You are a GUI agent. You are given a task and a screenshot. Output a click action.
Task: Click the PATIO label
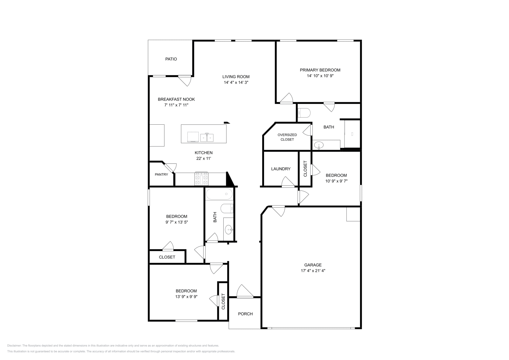(171, 59)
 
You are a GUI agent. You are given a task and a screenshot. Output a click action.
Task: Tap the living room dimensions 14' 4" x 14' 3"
(236, 82)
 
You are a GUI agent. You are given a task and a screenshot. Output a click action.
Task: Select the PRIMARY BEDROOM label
(320, 70)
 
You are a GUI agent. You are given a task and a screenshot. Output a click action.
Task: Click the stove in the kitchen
(201, 179)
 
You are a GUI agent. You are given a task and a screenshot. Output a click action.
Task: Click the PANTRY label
(161, 175)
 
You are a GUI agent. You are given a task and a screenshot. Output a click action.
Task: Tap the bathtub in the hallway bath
(219, 193)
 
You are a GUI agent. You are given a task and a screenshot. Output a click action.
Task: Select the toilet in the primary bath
(304, 113)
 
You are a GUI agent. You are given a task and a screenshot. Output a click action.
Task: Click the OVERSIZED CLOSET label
(287, 137)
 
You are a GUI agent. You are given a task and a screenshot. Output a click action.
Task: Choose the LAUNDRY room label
(281, 169)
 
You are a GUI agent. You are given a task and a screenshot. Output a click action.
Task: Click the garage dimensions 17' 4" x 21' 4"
(313, 271)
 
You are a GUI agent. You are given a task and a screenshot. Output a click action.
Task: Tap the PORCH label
(245, 314)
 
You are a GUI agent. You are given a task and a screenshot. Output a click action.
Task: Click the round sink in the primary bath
(318, 146)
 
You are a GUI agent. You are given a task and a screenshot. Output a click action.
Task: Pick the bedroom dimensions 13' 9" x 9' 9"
(186, 297)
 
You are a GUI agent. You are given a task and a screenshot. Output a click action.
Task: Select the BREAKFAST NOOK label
(176, 99)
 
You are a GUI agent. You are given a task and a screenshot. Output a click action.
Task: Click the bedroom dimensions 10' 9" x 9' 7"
(336, 181)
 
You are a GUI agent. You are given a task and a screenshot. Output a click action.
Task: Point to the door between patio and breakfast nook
(185, 80)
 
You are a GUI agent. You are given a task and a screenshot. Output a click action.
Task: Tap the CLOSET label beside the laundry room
(305, 169)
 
